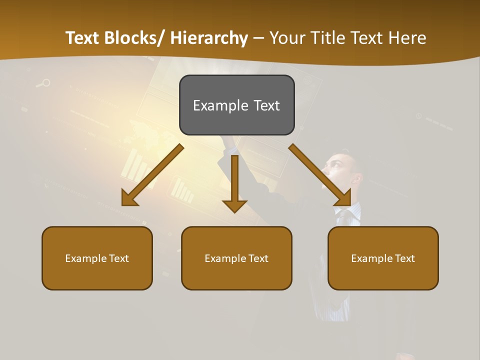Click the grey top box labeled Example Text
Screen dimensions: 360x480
[x=236, y=105]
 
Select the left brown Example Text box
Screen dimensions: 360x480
[x=97, y=258]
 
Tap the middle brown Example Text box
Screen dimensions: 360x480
[x=236, y=258]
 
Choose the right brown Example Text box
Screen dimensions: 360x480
[x=383, y=258]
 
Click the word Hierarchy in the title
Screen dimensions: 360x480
[x=209, y=38]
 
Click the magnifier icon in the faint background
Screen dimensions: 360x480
[x=44, y=83]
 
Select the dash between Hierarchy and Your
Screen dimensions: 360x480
[x=258, y=38]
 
